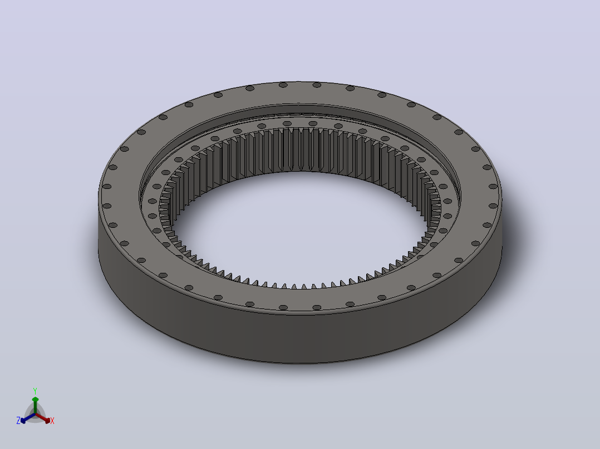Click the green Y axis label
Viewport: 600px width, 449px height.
pos(35,391)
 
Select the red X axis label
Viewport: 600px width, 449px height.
pos(52,421)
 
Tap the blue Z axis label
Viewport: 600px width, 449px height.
pos(18,421)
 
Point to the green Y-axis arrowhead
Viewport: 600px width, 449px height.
pos(35,400)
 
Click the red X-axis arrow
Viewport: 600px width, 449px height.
pos(43,418)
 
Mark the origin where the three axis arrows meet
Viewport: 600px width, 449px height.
pos(35,414)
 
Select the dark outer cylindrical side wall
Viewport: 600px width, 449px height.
pos(298,336)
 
